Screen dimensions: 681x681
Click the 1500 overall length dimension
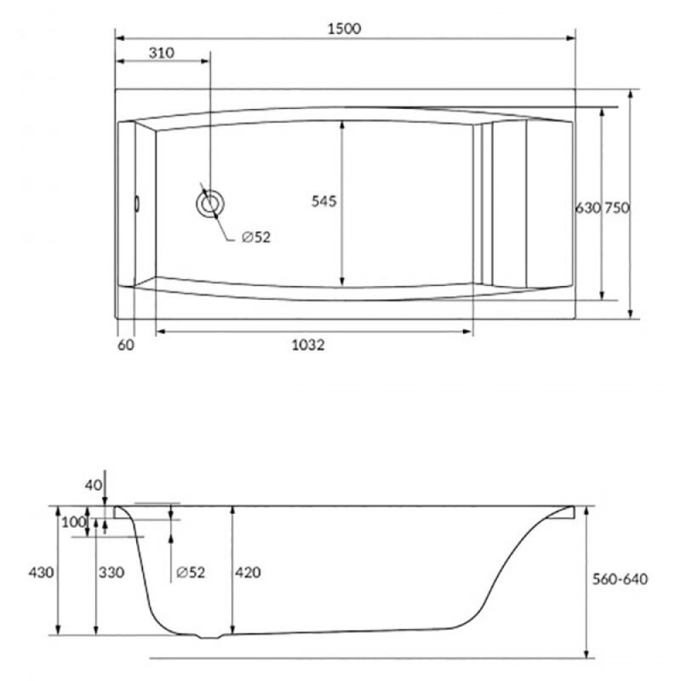[344, 29]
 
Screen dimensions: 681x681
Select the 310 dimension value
[162, 53]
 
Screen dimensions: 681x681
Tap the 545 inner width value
[324, 201]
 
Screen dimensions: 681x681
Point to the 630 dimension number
[588, 208]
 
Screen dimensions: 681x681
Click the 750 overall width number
[617, 208]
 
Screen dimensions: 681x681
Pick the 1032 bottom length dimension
[308, 346]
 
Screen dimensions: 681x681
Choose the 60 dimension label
[126, 346]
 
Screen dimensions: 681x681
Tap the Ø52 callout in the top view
[256, 237]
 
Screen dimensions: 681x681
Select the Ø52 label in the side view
[191, 572]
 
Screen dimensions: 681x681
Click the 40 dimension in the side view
[94, 485]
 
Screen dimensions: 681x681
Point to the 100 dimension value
[74, 522]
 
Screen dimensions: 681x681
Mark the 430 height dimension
[41, 572]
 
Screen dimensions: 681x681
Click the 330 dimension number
[112, 572]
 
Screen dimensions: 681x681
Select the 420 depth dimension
[248, 572]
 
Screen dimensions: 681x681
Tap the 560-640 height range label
[621, 579]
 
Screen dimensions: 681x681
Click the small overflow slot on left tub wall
[137, 203]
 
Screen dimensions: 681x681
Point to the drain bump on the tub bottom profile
[209, 637]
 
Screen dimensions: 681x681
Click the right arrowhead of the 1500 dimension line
[570, 38]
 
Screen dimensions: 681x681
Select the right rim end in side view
[572, 512]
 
